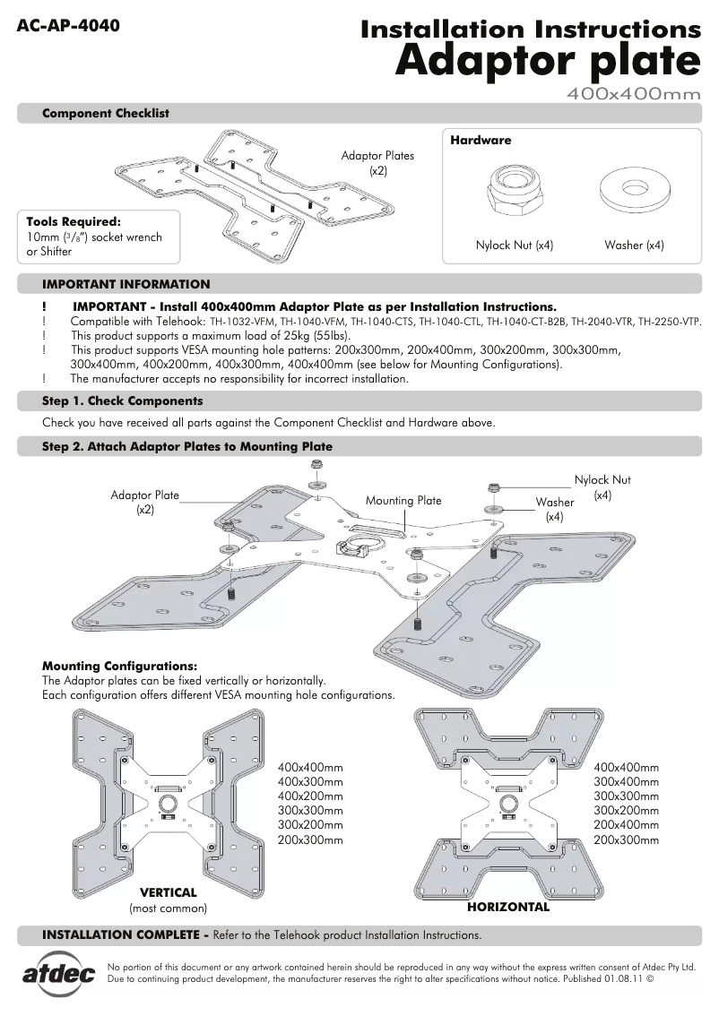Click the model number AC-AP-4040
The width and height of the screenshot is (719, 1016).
[68, 25]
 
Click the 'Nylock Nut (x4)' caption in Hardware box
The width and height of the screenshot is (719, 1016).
[514, 245]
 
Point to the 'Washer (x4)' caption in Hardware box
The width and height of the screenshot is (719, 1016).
[634, 245]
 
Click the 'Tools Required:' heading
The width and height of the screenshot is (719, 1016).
[74, 221]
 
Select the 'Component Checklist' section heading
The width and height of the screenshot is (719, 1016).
[106, 114]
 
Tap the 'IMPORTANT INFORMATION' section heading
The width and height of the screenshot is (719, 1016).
[126, 284]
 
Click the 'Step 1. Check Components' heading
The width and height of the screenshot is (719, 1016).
[123, 400]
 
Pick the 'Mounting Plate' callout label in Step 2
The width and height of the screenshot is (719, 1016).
[403, 501]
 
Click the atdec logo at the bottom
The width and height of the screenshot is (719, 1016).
[58, 975]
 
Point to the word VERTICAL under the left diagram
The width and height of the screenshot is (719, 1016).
[168, 892]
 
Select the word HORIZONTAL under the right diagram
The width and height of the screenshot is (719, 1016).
[508, 907]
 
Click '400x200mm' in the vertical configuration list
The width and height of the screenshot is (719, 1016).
[310, 796]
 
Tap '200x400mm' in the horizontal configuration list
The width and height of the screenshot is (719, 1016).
[626, 825]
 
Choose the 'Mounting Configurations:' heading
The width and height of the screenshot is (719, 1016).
[119, 666]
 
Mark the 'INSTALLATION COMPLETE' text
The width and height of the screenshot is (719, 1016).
[122, 934]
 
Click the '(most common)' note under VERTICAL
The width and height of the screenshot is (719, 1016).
[169, 908]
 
